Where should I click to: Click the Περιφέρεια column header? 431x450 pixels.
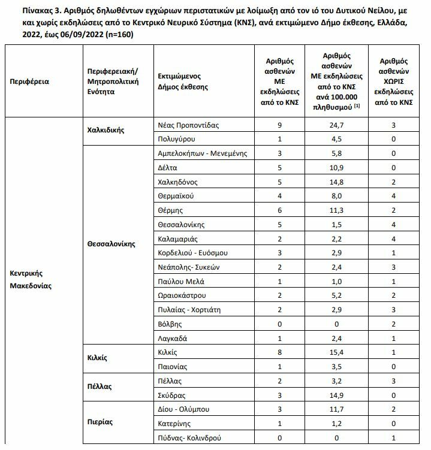(29, 81)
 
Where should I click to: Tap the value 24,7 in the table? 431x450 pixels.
(340, 126)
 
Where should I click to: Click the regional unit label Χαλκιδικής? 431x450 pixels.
(106, 129)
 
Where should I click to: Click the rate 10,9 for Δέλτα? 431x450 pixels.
(340, 168)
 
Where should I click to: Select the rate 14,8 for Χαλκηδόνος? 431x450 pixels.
(340, 182)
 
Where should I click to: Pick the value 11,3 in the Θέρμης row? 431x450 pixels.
(340, 210)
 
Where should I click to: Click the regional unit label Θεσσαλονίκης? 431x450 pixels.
(111, 244)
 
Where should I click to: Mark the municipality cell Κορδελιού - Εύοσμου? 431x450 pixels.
(192, 253)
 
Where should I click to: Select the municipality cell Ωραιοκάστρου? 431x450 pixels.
(183, 295)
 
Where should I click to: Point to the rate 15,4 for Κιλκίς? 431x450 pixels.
(340, 352)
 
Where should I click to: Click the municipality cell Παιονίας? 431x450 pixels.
(173, 367)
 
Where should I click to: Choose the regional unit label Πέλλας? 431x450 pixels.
(100, 387)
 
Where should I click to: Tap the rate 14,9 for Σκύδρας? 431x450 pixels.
(340, 395)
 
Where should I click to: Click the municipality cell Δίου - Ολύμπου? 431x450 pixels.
(185, 410)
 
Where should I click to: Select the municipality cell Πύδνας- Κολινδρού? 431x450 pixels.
(190, 439)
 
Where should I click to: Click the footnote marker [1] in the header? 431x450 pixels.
(356, 106)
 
